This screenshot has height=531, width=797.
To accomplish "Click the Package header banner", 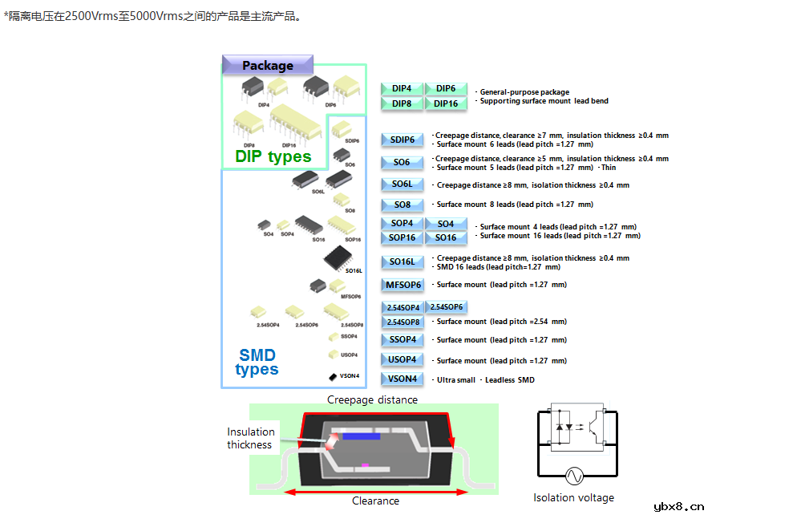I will (x=268, y=66).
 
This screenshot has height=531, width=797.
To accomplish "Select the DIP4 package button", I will (x=402, y=89).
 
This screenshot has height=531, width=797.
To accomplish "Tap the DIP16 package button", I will (x=446, y=103).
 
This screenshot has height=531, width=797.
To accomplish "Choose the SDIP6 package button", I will (x=402, y=140).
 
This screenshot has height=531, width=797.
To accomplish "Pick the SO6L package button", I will (x=402, y=184).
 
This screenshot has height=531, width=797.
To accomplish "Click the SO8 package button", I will (x=402, y=205).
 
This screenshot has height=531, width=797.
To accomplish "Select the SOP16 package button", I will (x=402, y=237).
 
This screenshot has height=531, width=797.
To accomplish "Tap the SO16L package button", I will (x=402, y=261).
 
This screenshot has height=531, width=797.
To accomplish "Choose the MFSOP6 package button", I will (x=403, y=285).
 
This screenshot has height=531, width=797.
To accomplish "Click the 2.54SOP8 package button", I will (x=403, y=322).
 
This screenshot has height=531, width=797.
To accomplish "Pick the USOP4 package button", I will (x=402, y=359).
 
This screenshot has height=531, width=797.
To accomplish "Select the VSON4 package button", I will (x=402, y=379).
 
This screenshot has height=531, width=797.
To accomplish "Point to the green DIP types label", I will (x=273, y=156).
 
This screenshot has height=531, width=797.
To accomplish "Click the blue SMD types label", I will (x=257, y=362).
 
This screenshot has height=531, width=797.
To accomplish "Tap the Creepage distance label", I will (x=372, y=399).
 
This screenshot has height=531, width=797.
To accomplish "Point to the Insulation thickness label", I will (x=250, y=438).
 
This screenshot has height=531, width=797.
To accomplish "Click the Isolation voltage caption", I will (x=573, y=497).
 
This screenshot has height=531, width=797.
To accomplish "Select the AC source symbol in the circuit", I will (x=574, y=476).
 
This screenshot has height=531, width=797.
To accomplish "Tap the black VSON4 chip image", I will (x=332, y=375).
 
